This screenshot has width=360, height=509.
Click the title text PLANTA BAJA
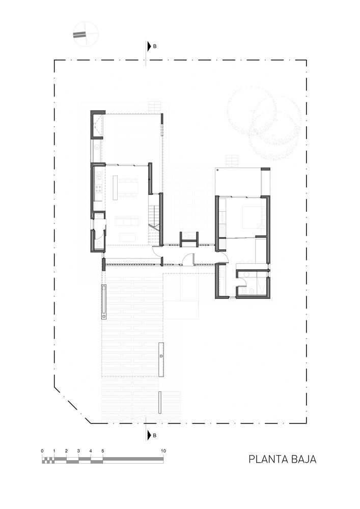(283, 459)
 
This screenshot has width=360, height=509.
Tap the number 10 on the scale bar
(163, 451)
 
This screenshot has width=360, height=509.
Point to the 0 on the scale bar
(42, 451)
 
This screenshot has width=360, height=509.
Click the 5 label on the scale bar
(103, 451)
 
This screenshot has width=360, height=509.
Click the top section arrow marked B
(149, 46)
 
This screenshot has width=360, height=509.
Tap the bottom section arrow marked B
(149, 435)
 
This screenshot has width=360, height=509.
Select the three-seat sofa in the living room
(128, 222)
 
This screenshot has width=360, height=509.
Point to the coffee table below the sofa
(128, 237)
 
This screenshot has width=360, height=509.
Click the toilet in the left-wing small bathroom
(99, 244)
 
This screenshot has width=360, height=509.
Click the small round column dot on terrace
(218, 170)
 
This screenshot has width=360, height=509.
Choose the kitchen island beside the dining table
(115, 188)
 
